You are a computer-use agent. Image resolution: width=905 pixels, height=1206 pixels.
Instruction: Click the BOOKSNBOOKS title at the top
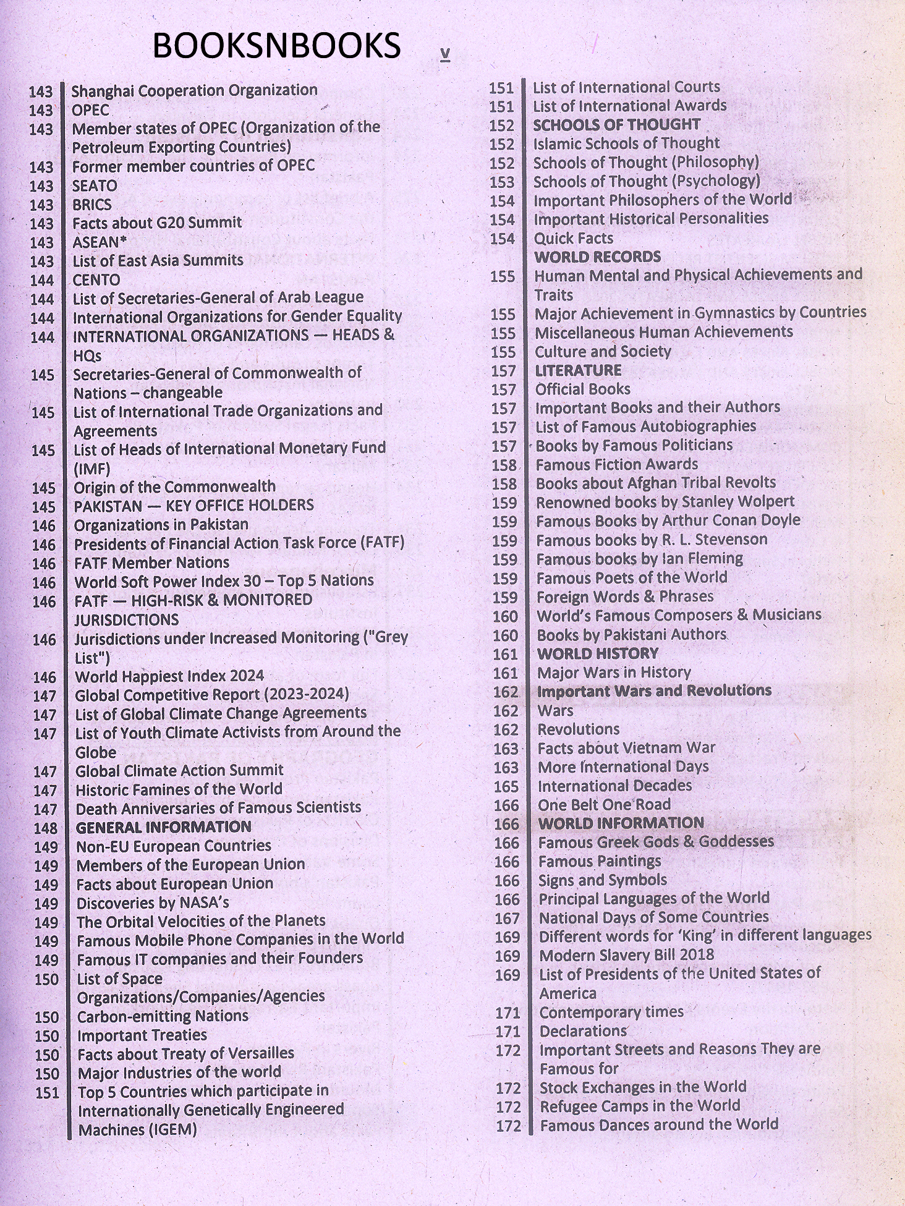tap(276, 46)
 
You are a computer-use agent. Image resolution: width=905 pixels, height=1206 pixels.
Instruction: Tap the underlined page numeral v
tap(444, 54)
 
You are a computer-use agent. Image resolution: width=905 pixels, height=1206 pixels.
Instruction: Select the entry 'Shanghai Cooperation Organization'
tap(194, 90)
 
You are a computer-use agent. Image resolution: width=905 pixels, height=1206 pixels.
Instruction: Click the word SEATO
tap(95, 185)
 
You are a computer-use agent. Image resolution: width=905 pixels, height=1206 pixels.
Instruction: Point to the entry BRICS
tap(91, 205)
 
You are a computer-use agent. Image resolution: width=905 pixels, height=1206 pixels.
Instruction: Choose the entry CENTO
tap(96, 279)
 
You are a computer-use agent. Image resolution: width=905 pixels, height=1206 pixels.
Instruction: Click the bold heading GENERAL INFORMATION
tap(163, 826)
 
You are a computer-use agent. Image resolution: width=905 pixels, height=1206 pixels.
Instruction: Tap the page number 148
tap(45, 828)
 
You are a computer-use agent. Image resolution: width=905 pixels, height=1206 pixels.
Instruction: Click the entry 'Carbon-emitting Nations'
tap(163, 1016)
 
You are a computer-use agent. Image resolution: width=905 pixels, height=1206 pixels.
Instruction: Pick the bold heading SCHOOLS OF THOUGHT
tap(616, 124)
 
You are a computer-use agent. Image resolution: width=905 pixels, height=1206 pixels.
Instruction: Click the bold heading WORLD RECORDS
tap(597, 257)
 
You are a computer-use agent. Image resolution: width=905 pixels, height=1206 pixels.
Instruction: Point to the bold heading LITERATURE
tap(578, 370)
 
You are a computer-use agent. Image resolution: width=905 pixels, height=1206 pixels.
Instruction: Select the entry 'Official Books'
tap(582, 389)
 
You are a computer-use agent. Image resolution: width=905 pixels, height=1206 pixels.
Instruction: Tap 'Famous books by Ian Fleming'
tap(639, 559)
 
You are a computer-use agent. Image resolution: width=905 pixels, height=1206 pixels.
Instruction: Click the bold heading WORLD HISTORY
tap(597, 653)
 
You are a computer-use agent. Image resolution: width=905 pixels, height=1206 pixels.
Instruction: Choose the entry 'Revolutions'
tap(578, 729)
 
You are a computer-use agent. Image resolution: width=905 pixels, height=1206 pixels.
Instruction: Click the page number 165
tap(506, 786)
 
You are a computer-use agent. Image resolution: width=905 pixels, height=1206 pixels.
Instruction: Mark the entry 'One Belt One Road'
tap(604, 804)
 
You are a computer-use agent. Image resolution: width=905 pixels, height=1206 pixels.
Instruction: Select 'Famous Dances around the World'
tap(658, 1124)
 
